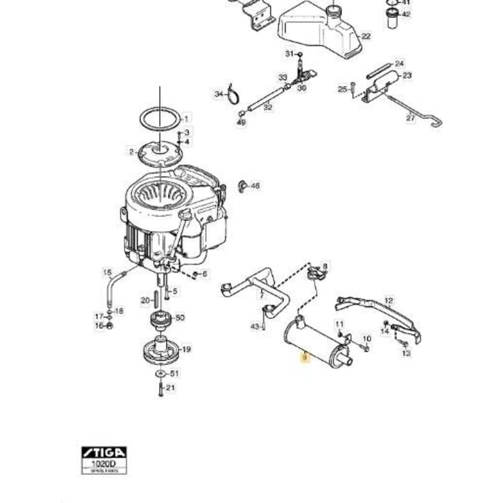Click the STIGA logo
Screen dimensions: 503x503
click(104, 453)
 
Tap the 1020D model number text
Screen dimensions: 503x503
click(103, 463)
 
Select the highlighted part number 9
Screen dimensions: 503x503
click(306, 358)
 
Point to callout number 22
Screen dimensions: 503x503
click(366, 36)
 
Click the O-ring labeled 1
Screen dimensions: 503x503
click(160, 118)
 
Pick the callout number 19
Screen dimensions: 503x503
click(187, 350)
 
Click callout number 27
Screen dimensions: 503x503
click(411, 117)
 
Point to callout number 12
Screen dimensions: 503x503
click(389, 301)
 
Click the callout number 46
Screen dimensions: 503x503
click(255, 186)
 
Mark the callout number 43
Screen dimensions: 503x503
click(255, 326)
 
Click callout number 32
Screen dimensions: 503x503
click(268, 108)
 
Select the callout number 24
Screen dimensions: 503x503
click(399, 64)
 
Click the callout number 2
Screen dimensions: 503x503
click(132, 152)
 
